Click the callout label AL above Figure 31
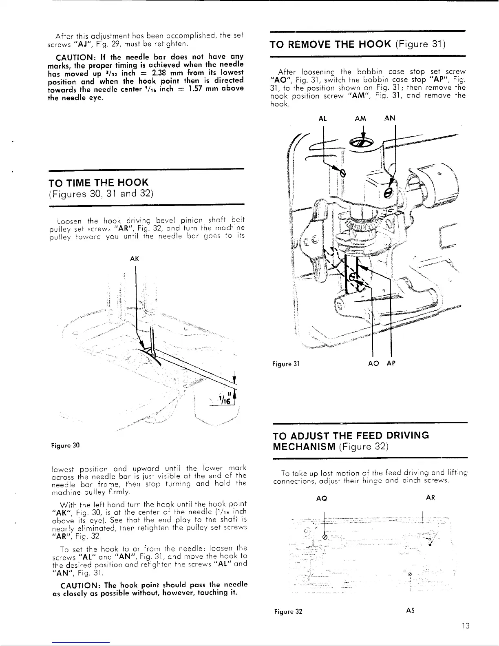click(x=322, y=119)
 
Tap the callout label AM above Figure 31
click(x=361, y=119)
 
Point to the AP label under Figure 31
click(x=391, y=364)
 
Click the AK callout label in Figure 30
click(x=134, y=259)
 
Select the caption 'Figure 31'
click(x=286, y=364)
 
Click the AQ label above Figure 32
click(x=322, y=498)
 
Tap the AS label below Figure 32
click(x=411, y=611)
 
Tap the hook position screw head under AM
click(x=361, y=143)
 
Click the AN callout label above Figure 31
click(x=390, y=119)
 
